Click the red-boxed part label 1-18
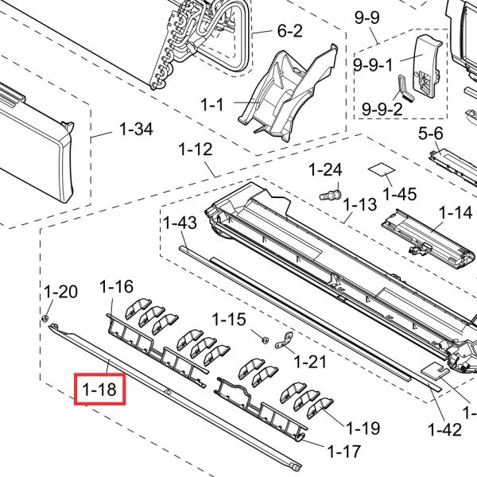[99, 390]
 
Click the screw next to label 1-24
[331, 192]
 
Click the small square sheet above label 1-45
[379, 170]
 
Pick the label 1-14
[456, 212]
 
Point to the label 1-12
[196, 149]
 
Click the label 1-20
[60, 291]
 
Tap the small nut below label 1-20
[48, 320]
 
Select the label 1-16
[117, 287]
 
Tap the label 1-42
[444, 429]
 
